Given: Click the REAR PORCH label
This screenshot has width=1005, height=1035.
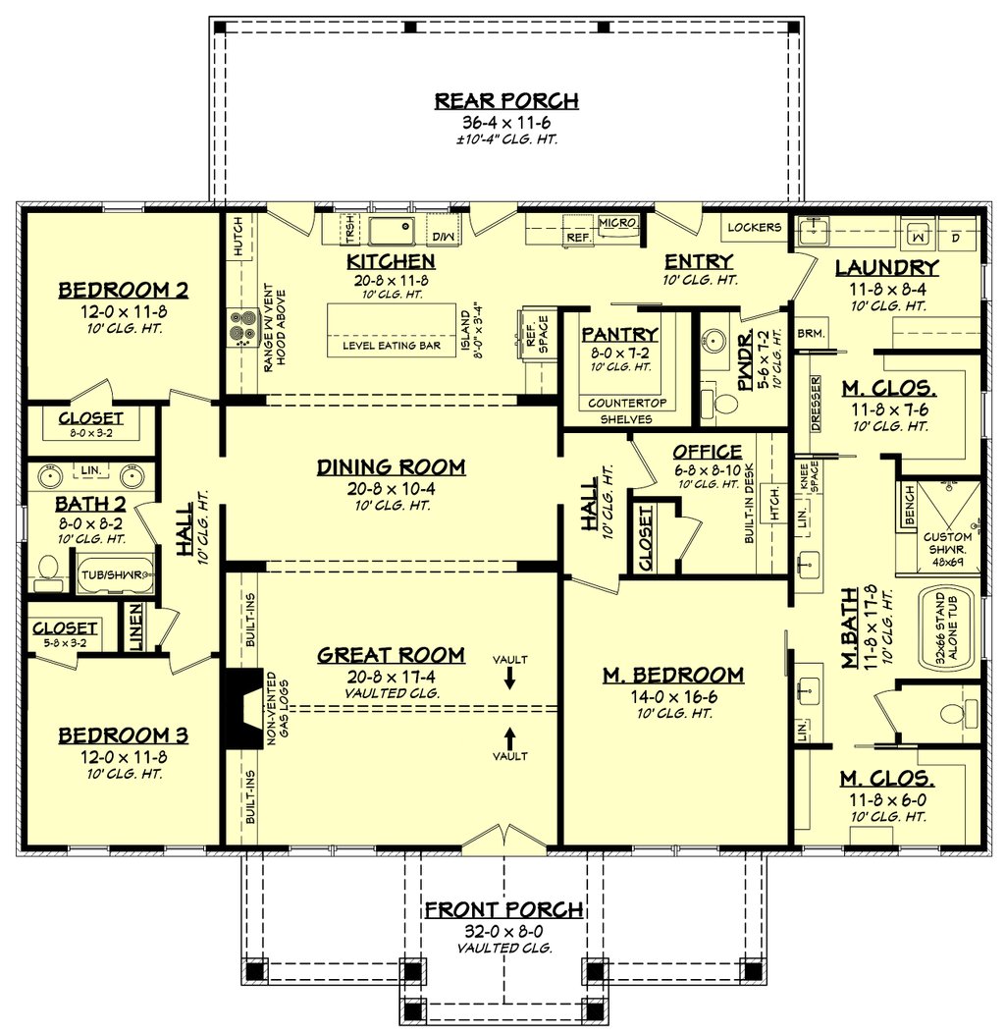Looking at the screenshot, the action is pos(506,101).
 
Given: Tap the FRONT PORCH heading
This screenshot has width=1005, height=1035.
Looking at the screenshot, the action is pos(503,910).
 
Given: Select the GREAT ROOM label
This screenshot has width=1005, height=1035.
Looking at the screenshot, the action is pos(392,655).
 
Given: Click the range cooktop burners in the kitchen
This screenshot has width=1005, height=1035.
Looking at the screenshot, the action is pos(238,328).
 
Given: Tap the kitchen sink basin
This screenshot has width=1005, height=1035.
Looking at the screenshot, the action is pos(391,231).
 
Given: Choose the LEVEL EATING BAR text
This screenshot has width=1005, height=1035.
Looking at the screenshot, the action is pos(392,346).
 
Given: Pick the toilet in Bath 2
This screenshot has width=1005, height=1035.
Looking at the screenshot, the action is pos(47,573).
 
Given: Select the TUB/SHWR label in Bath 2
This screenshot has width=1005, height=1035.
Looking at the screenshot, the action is pos(112,574).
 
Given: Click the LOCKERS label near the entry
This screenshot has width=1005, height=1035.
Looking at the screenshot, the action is pos(755,227).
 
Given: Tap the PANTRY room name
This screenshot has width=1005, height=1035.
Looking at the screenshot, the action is pos(619,334).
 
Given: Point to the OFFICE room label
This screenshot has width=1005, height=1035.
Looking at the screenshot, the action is pos(708,452).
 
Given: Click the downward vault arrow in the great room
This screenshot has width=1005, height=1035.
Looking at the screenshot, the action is pos(509,678).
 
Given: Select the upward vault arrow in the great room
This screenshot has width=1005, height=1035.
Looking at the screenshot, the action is pos(509,738).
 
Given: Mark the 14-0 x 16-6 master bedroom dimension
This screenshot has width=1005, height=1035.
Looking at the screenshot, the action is pos(673,697).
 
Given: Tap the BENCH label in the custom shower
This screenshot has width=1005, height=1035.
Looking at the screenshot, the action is pos(910,505).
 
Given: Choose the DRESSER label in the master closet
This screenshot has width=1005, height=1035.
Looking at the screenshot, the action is pos(816,404).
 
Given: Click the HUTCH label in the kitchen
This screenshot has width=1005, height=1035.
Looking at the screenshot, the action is pos(238,236).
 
